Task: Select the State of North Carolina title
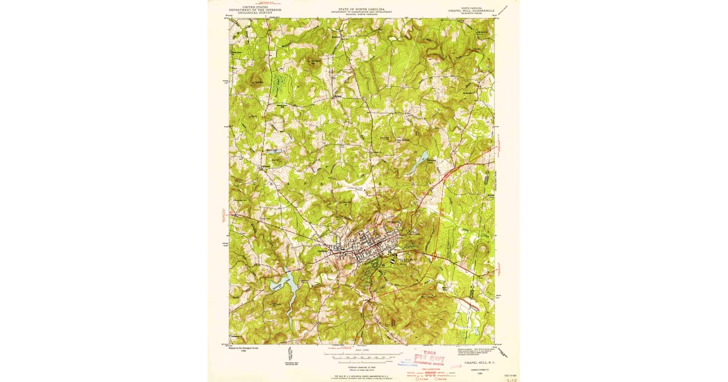(362, 10)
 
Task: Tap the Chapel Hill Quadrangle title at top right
(471, 10)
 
